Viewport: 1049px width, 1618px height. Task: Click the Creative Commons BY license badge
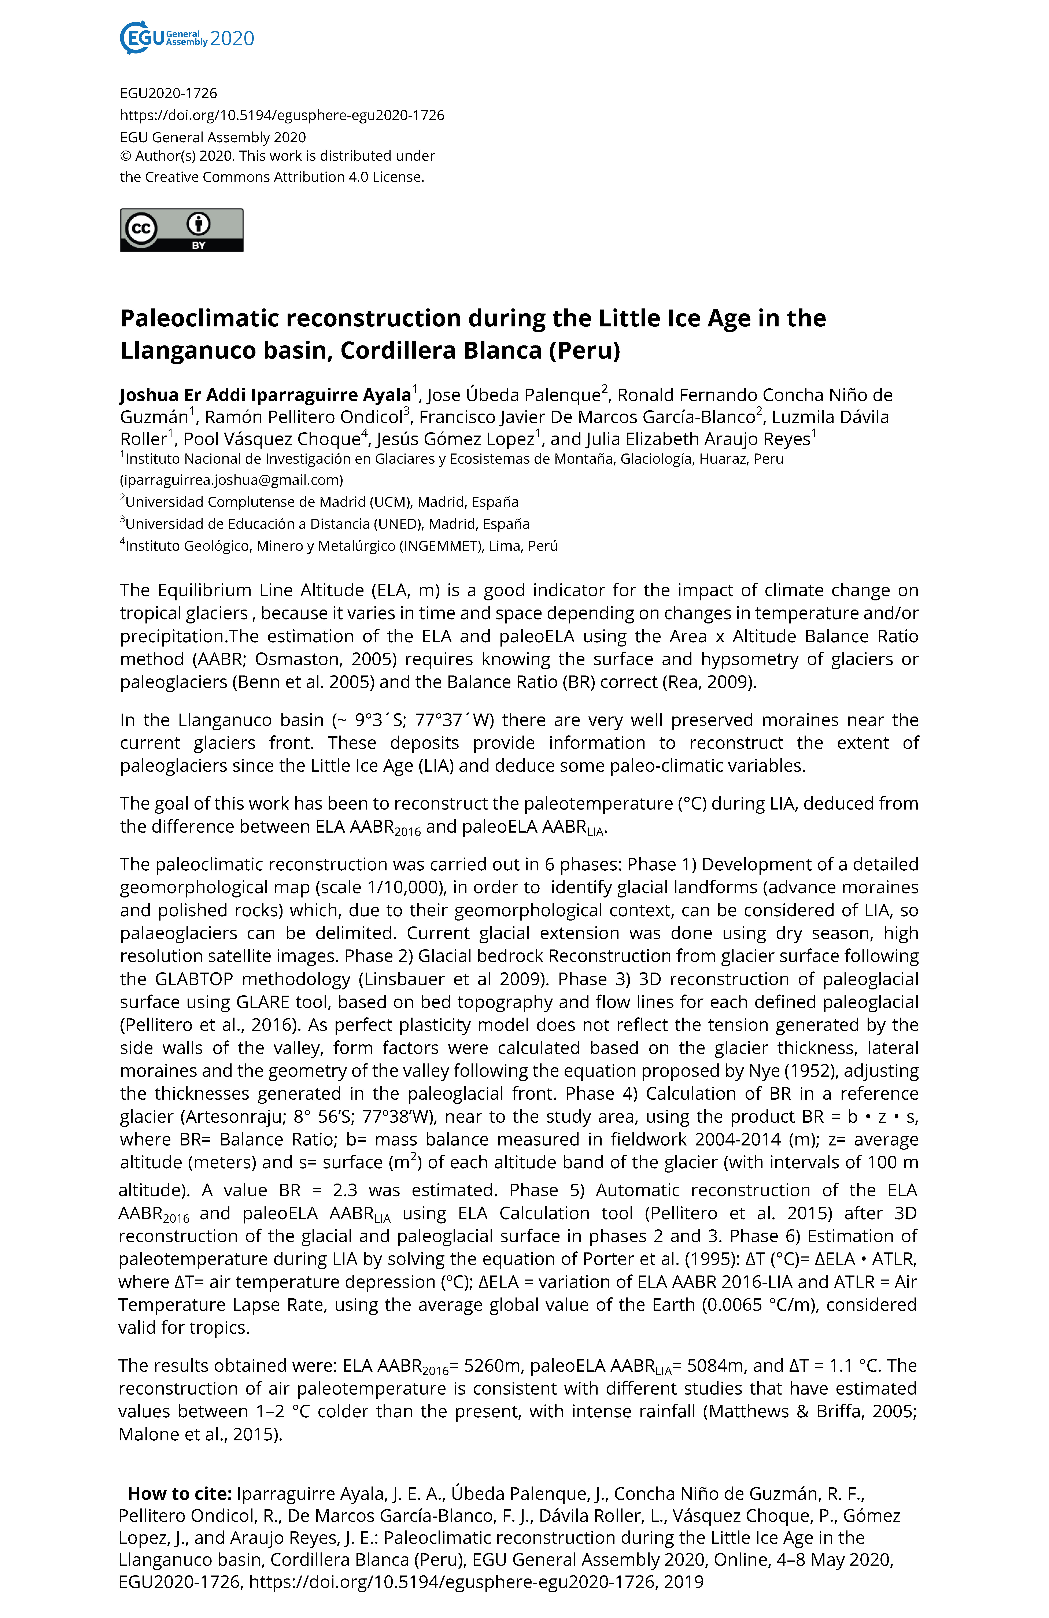[x=181, y=230]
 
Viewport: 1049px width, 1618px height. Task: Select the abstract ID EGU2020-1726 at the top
[x=169, y=93]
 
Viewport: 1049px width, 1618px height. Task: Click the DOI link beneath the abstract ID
[x=282, y=115]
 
